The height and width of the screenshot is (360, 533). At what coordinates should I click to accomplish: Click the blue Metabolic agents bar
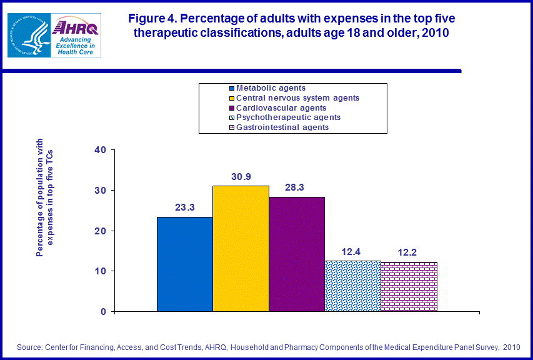[x=184, y=264]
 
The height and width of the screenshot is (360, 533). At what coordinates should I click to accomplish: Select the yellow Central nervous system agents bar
[x=241, y=248]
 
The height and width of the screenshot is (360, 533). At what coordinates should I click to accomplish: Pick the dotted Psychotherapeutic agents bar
[x=352, y=286]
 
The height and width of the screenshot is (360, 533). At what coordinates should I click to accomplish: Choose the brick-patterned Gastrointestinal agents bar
[x=409, y=286]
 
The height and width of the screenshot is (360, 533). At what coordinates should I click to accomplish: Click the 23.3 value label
[x=184, y=207]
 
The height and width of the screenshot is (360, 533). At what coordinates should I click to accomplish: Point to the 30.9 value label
[x=241, y=176]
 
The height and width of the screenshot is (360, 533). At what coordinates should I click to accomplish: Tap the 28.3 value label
[x=297, y=187]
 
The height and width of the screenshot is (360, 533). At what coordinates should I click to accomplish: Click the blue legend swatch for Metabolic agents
[x=232, y=88]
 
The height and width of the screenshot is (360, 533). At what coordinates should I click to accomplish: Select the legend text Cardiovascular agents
[x=281, y=107]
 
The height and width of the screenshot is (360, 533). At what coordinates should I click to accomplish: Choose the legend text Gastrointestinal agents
[x=282, y=127]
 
